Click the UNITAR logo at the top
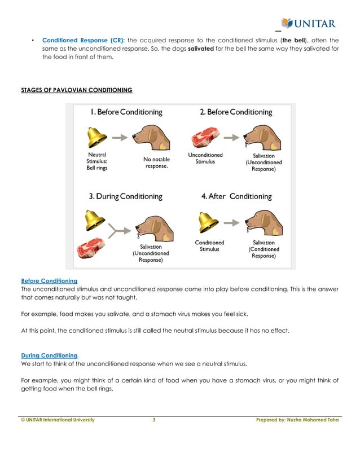point(309,24)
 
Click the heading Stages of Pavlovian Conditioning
point(77,90)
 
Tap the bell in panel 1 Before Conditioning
point(98,137)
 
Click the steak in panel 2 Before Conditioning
point(204,138)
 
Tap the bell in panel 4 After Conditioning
point(209,222)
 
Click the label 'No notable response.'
point(156,163)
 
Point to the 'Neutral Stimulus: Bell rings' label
point(96,161)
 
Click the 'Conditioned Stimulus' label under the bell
point(209,246)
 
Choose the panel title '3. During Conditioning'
point(125,197)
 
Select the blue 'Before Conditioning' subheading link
point(49,280)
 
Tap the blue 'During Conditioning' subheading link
point(49,355)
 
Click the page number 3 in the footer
point(154,420)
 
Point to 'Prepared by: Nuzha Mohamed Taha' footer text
point(297,420)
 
